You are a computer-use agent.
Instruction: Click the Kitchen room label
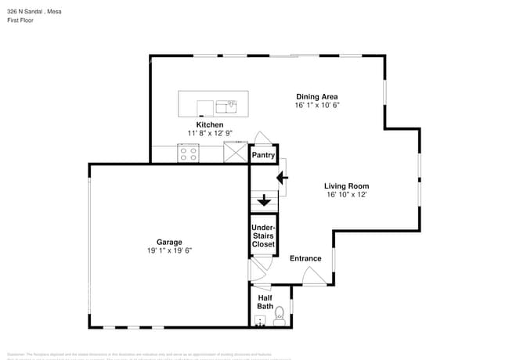coord(210,124)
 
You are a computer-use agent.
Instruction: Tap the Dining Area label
coord(316,96)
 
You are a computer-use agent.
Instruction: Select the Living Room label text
coord(346,185)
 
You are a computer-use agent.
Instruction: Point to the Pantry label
coord(263,155)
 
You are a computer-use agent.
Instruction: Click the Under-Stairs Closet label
coord(263,236)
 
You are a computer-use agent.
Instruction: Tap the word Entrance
coord(305,258)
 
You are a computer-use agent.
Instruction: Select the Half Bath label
coord(265,301)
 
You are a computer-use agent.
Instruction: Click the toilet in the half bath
coord(280,319)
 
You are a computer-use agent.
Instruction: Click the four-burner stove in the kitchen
coord(188,153)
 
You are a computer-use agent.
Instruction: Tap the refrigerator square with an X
coord(236,152)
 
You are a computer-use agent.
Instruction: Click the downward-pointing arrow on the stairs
coord(264,201)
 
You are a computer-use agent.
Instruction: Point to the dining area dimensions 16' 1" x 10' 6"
coord(316,105)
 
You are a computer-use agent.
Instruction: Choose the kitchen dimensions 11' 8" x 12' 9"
coord(210,133)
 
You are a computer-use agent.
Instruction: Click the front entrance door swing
coord(313,276)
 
